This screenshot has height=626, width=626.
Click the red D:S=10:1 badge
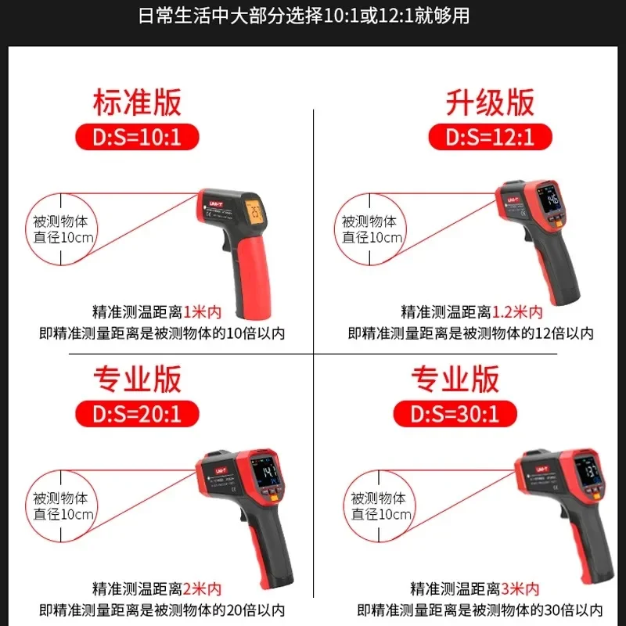click(138, 138)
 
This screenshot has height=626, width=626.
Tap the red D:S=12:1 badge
click(490, 138)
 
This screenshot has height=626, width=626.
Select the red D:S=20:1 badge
click(138, 412)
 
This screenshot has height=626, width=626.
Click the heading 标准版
click(138, 102)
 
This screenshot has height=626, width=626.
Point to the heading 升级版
click(490, 102)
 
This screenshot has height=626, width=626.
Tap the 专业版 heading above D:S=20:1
click(138, 379)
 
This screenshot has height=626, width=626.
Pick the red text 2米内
click(204, 588)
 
